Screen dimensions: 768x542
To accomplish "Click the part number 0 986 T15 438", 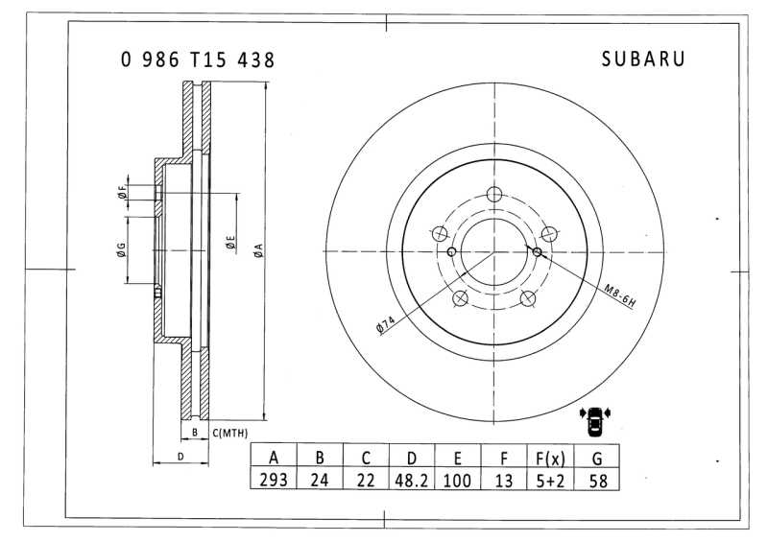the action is click(x=198, y=59).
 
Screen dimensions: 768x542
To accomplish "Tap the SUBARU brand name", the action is click(x=643, y=59).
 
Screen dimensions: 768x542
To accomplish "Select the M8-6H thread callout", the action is click(x=619, y=295).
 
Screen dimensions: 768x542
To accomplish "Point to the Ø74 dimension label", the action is click(x=386, y=325).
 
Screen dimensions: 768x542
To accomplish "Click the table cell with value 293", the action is click(x=274, y=480).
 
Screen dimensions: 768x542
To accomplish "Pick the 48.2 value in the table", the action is click(x=412, y=481).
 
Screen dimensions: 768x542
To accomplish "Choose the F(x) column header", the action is click(x=550, y=459).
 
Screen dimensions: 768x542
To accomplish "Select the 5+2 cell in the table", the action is click(x=550, y=481).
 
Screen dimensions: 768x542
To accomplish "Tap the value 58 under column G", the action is click(x=598, y=481).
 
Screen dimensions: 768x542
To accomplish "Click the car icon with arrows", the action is click(x=595, y=420).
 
